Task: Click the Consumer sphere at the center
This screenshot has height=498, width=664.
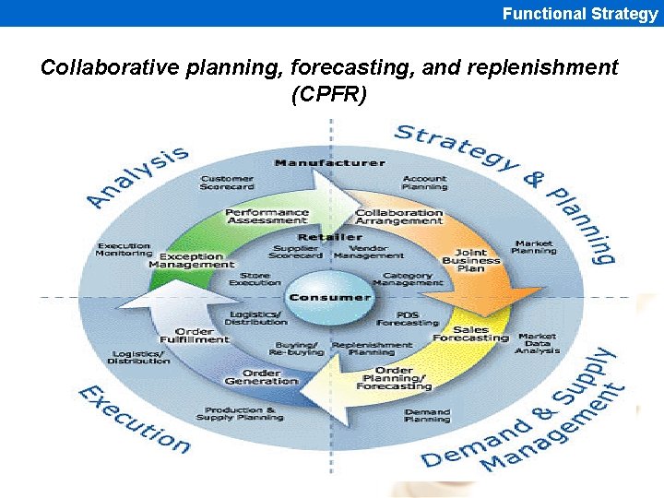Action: pos(329,296)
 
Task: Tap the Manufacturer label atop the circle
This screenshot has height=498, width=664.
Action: pos(329,163)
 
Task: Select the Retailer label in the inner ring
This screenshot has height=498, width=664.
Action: pos(329,237)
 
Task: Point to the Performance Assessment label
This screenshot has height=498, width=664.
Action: pos(267,216)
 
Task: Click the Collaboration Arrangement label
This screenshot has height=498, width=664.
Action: pos(399,216)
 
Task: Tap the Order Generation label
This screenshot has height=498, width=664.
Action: pos(262,377)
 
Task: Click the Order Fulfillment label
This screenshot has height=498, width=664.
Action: pos(195,335)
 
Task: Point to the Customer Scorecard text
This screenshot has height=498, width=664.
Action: pos(227,183)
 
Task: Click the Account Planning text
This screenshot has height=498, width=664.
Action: pos(424,183)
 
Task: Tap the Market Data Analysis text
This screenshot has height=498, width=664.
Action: pos(538,343)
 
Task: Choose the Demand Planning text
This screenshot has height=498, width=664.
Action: pos(427,416)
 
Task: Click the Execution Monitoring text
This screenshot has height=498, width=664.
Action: pos(125,249)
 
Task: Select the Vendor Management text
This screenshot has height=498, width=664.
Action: pos(369,252)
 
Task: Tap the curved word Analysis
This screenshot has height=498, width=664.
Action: pos(138,175)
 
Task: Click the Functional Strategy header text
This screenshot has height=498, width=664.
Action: pos(580,13)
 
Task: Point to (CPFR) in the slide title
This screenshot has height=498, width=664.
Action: pos(329,94)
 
